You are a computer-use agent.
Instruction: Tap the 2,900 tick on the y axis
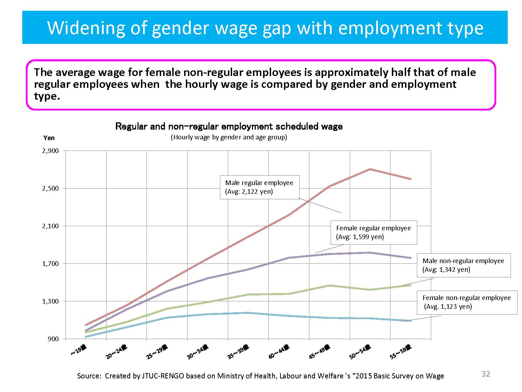pyautogui.click(x=50, y=151)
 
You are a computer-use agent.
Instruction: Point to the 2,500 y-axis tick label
pyautogui.click(x=50, y=189)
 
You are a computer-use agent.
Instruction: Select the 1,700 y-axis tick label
pyautogui.click(x=50, y=264)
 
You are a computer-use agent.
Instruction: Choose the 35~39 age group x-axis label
pyautogui.click(x=238, y=352)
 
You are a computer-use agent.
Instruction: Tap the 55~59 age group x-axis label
pyautogui.click(x=401, y=352)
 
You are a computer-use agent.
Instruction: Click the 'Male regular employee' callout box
pyautogui.click(x=259, y=187)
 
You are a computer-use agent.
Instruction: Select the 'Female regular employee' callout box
pyautogui.click(x=373, y=232)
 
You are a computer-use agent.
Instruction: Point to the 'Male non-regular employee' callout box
pyautogui.click(x=463, y=265)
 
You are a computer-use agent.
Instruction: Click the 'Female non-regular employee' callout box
pyautogui.click(x=466, y=302)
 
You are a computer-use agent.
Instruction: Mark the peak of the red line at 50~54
pyautogui.click(x=370, y=169)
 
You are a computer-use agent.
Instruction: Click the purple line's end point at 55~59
pyautogui.click(x=411, y=258)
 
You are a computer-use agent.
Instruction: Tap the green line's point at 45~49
pyautogui.click(x=329, y=286)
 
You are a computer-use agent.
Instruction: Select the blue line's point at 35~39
pyautogui.click(x=248, y=313)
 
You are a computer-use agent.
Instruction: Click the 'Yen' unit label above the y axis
pyautogui.click(x=49, y=138)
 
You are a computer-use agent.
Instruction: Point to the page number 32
pyautogui.click(x=485, y=374)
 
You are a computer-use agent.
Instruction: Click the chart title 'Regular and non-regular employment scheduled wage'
pyautogui.click(x=229, y=126)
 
